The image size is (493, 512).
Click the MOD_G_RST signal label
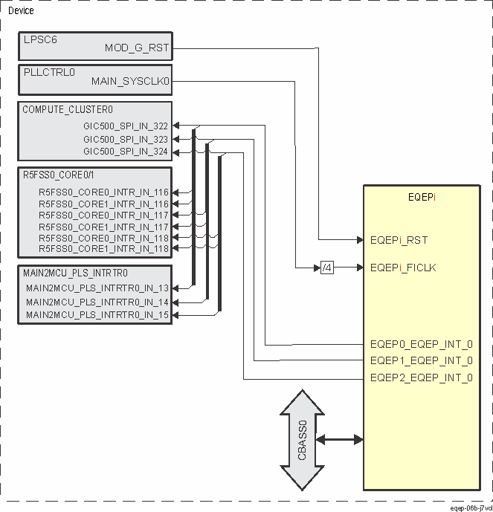click(x=137, y=49)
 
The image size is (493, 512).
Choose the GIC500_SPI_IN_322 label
click(x=126, y=126)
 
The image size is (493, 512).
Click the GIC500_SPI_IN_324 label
click(x=126, y=152)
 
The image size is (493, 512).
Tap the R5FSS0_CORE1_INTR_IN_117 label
click(x=104, y=226)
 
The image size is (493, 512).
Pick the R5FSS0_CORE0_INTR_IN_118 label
click(x=104, y=237)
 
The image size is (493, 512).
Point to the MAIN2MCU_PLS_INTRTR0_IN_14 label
click(x=97, y=302)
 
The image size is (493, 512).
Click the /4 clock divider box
click(x=327, y=267)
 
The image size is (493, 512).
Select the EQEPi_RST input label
click(x=399, y=240)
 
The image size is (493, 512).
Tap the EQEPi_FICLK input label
click(x=402, y=267)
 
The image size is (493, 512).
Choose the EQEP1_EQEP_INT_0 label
click(x=421, y=361)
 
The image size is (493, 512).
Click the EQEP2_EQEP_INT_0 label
click(x=421, y=377)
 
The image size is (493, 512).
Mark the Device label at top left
click(x=20, y=11)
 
